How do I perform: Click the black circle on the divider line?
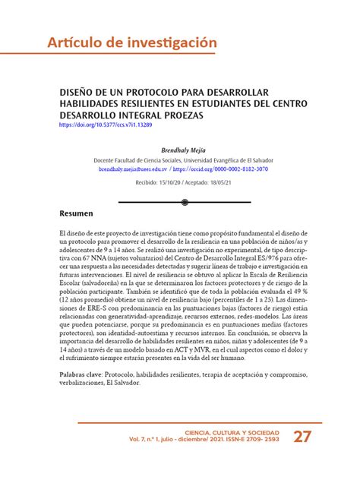185,203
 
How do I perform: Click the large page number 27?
302,437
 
